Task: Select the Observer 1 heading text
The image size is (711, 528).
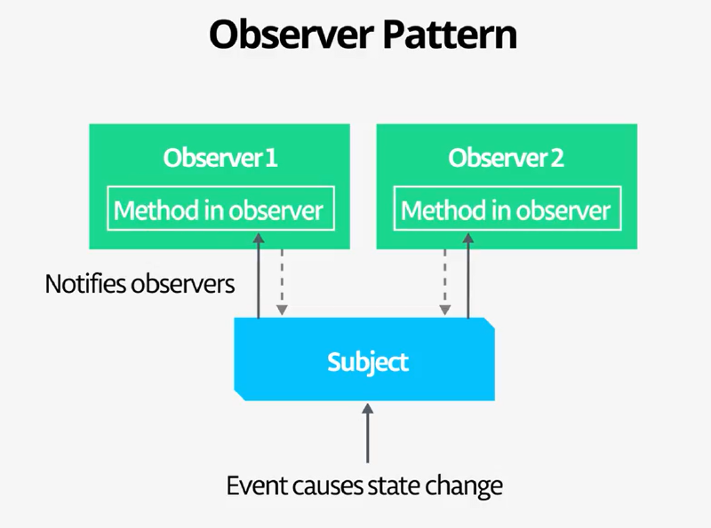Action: tap(220, 159)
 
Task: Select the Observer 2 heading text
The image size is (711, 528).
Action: tap(506, 159)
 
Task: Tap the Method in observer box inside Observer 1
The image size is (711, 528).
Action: tap(220, 210)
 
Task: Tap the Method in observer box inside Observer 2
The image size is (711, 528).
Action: tap(506, 210)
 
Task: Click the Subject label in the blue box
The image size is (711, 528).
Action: tap(368, 362)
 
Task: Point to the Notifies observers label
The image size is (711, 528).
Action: tap(140, 285)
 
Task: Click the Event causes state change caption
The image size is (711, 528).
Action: tap(364, 485)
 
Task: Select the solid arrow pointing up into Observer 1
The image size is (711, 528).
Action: tap(259, 275)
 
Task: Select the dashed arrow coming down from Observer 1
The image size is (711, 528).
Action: tap(282, 282)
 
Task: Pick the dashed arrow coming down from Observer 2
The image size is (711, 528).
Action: tap(443, 282)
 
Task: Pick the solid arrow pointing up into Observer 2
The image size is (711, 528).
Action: tap(467, 275)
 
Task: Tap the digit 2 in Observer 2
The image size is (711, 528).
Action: tap(557, 159)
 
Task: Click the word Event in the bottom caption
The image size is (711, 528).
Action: tap(250, 485)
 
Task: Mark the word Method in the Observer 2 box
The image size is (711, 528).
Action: tap(434, 210)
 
